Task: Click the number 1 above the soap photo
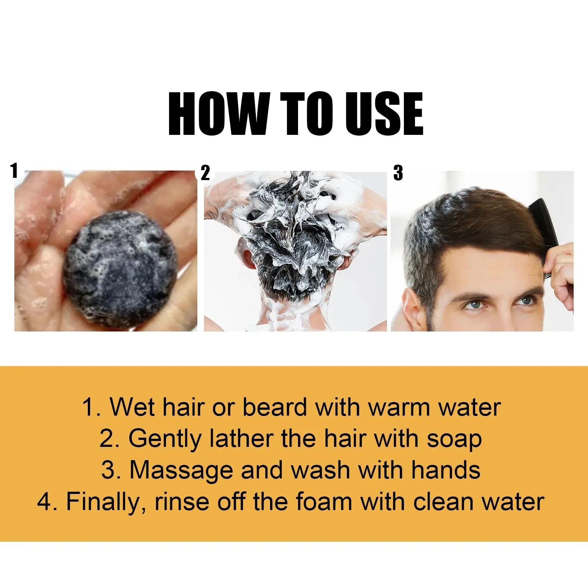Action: [14, 171]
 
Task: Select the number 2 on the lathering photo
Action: [205, 173]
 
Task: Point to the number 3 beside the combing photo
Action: [398, 173]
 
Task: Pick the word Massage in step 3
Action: [182, 470]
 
